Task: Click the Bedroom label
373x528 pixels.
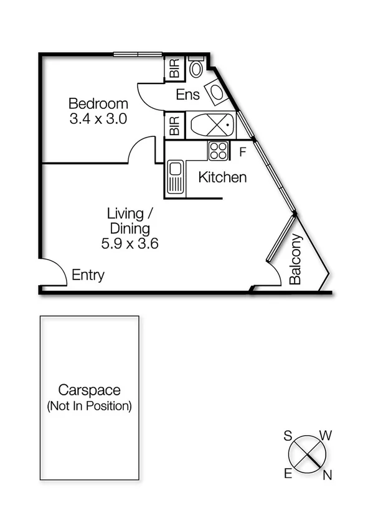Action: [x=98, y=103]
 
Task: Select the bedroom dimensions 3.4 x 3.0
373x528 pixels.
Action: [x=98, y=119]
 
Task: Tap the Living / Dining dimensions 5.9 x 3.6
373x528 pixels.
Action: [x=130, y=243]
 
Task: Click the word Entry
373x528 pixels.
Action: [x=88, y=275]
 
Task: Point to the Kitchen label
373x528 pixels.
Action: [x=222, y=177]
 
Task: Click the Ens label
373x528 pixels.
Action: [x=187, y=95]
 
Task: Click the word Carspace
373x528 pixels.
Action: [x=89, y=390]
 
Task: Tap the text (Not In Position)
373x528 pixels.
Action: [x=89, y=406]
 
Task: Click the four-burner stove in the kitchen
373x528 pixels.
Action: [x=218, y=150]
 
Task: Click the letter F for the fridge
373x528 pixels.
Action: [x=242, y=150]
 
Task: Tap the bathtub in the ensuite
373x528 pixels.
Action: [x=211, y=126]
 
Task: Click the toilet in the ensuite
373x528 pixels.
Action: [x=196, y=67]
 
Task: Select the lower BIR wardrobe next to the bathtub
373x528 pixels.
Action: [x=174, y=125]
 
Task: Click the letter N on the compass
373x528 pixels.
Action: [x=327, y=476]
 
